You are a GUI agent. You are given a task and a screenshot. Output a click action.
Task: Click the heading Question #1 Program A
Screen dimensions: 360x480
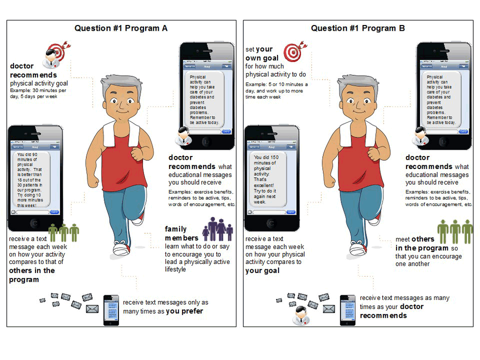tap(121, 28)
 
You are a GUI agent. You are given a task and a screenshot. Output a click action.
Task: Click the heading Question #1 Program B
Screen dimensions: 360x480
tap(358, 28)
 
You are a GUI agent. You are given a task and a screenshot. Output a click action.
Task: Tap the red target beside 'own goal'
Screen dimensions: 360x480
tap(293, 52)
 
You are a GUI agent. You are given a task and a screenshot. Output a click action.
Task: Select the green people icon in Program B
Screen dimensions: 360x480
tap(454, 231)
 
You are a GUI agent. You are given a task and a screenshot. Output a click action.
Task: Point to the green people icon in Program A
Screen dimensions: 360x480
tap(64, 232)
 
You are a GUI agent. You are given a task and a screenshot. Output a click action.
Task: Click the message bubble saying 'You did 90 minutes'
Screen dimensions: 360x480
tap(33, 180)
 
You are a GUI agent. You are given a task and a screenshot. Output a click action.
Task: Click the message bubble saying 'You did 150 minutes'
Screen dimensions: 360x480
tap(269, 180)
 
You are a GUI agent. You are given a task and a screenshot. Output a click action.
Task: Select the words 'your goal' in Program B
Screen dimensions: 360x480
tap(262, 271)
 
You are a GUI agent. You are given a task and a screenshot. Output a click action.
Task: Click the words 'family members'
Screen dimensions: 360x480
tap(181, 234)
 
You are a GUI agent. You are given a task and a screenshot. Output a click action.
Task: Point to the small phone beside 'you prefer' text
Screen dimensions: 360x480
tap(111, 310)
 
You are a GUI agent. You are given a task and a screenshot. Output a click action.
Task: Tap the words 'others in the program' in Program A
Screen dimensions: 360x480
tap(31, 275)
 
